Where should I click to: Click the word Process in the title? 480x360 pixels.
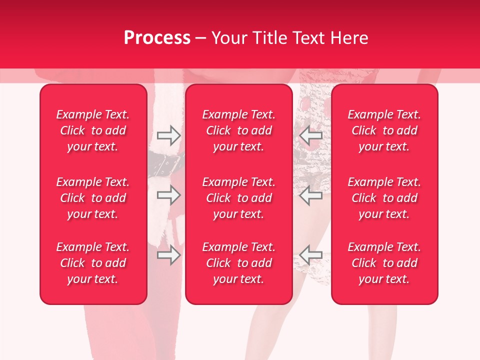[157, 38]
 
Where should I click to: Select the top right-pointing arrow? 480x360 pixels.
[169, 134]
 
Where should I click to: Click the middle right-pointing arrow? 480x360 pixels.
[169, 195]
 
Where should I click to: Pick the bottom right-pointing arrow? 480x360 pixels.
[169, 255]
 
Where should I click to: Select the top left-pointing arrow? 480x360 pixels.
[311, 134]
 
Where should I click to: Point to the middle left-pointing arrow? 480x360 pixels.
[311, 195]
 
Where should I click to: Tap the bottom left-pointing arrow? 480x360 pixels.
[311, 255]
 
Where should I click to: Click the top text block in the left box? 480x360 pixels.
[93, 130]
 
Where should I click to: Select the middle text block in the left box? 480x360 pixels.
[93, 198]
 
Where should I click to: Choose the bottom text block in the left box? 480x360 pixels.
[93, 263]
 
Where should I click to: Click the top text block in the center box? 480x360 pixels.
[239, 130]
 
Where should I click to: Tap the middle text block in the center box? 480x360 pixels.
[239, 198]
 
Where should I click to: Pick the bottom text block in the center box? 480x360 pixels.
[239, 263]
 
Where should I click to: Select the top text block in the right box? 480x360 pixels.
[384, 130]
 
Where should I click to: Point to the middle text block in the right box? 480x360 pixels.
[384, 198]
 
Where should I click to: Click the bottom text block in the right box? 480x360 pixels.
[384, 263]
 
